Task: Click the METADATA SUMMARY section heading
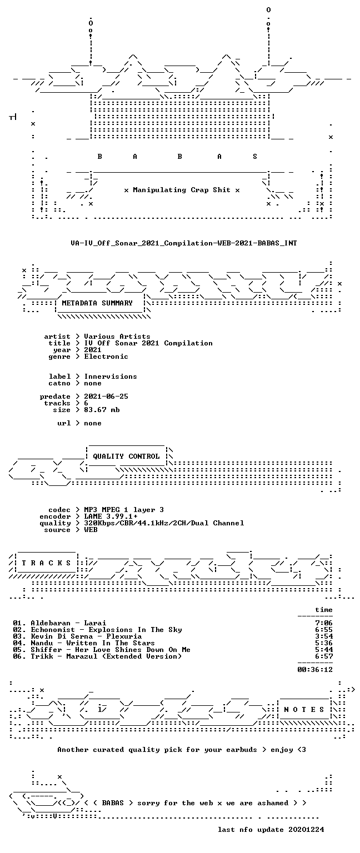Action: tap(97, 303)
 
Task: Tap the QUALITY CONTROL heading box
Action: tap(126, 456)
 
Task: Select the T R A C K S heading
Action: tap(46, 563)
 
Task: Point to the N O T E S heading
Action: tap(304, 709)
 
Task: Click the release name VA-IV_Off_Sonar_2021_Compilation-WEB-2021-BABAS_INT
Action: tap(184, 243)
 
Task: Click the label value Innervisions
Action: tap(111, 376)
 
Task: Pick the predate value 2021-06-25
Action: tap(106, 397)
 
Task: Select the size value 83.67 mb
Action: tap(102, 410)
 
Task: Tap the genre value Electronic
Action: tap(106, 357)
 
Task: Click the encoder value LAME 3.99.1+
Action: tap(111, 516)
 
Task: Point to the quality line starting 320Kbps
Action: tap(164, 523)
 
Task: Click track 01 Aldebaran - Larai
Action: tap(59, 623)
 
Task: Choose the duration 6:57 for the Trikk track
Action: tap(324, 656)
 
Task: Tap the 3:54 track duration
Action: tap(324, 636)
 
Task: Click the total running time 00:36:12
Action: tap(315, 669)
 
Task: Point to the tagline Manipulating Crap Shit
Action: tap(182, 189)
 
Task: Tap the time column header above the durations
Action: tap(324, 610)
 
